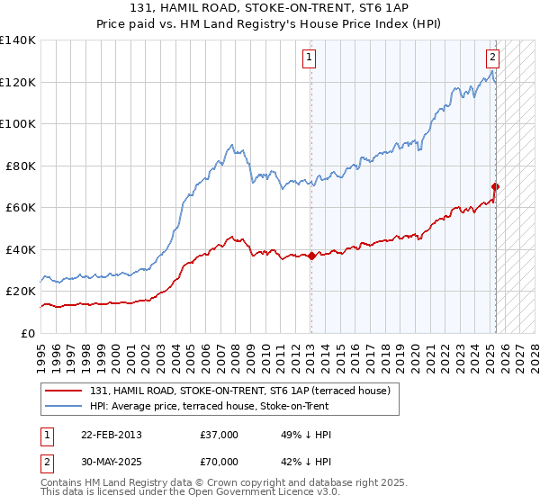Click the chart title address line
click(x=269, y=8)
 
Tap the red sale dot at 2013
click(x=311, y=256)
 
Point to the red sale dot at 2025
click(x=496, y=187)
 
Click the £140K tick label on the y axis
click(x=18, y=40)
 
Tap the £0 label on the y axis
click(x=29, y=333)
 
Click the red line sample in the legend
click(x=65, y=391)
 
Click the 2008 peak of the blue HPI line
click(x=231, y=144)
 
